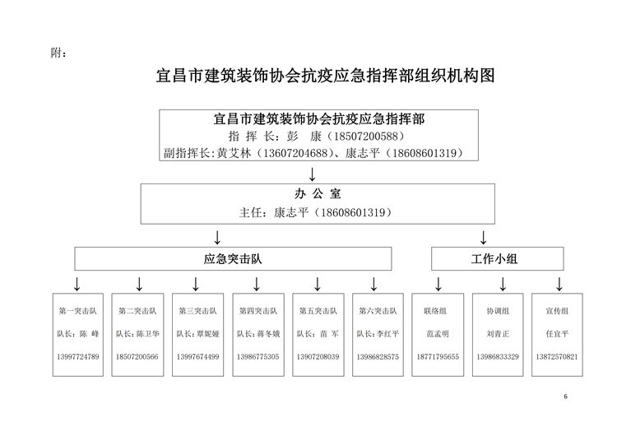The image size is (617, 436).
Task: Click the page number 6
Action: point(565,397)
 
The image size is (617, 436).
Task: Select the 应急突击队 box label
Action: point(233,259)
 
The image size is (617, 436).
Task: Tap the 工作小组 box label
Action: point(494,259)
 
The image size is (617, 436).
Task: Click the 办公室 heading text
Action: point(318,193)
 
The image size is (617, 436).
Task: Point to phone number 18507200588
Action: point(366,137)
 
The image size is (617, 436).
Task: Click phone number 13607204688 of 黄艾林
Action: point(296,153)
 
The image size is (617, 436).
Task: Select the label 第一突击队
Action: point(77,311)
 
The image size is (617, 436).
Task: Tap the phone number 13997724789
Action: point(78,357)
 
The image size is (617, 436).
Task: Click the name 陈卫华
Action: point(148,334)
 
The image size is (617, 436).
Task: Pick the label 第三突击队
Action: point(197,311)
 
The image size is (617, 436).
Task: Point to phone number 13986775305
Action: point(257,357)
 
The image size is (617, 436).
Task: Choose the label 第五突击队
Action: point(318,311)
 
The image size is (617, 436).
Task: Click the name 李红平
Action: point(387,334)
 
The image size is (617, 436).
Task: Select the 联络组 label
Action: point(435,311)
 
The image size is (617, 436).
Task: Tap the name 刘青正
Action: point(498,334)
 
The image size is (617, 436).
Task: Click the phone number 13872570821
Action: point(557,357)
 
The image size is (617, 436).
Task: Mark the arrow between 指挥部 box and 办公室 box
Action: point(312,174)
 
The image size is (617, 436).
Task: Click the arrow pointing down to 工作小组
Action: point(484,238)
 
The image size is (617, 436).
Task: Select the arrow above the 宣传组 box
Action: point(559,284)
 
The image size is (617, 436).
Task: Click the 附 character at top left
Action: point(55,53)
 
